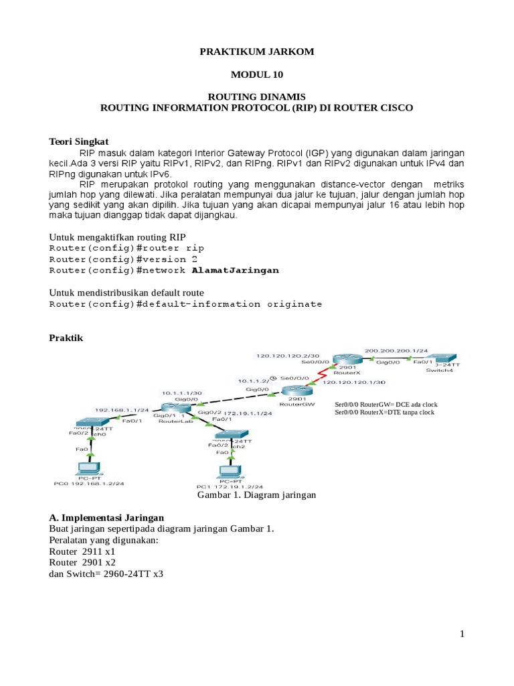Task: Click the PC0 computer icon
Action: click(86, 469)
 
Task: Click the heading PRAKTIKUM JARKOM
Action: click(256, 52)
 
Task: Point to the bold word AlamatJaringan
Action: click(235, 271)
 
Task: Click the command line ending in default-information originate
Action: click(186, 304)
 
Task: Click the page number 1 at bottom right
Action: click(462, 634)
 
